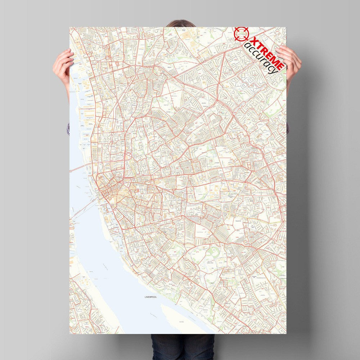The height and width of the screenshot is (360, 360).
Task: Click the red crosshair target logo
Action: [241, 33]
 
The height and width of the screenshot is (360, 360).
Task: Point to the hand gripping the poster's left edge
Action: [63, 65]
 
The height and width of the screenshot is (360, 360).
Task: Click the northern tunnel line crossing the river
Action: [82, 167]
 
